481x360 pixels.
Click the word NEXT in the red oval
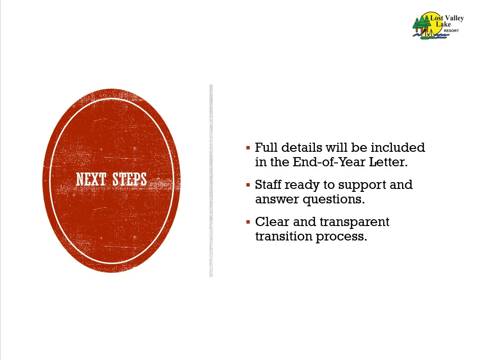click(91, 179)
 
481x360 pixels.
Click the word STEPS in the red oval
click(130, 179)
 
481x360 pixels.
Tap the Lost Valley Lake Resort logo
click(438, 26)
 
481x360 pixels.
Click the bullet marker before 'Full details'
click(248, 148)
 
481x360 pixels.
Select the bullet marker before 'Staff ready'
click(248, 185)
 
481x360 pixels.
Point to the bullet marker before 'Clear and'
click(248, 222)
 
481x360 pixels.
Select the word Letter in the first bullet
click(388, 162)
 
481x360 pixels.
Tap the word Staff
click(268, 184)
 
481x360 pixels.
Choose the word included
click(398, 147)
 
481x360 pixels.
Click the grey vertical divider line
click(211, 181)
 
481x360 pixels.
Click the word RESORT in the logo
click(451, 31)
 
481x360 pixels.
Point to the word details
click(301, 147)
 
